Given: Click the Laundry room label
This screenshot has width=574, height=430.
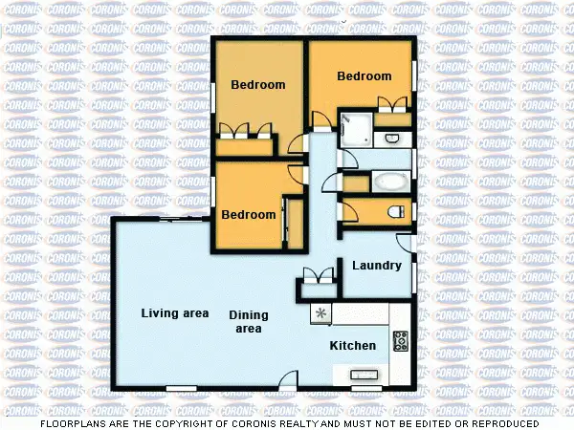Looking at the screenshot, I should pos(376,265).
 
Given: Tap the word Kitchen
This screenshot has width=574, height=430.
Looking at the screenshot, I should pos(353,345).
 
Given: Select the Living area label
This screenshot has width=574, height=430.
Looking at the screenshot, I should pos(175,312).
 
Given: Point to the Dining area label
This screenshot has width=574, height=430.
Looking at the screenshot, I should pos(249,322).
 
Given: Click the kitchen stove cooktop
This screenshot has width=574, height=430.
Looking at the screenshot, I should pos(401,340).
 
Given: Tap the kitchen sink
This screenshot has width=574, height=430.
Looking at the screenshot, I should pos(364,375).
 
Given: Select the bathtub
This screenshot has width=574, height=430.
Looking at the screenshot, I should pos(389,181).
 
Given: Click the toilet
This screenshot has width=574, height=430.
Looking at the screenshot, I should pos(393,211).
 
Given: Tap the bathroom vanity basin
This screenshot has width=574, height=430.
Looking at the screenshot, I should pos(392,140).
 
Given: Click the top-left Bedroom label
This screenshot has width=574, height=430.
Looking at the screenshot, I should pos(258,84).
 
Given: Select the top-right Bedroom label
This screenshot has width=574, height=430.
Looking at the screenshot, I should pos(364,76).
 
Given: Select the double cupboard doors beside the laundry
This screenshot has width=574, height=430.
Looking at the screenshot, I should pos(317,276).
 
